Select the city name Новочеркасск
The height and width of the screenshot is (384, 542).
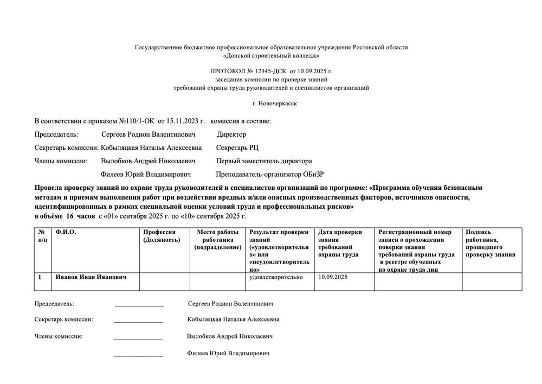coord(275,103)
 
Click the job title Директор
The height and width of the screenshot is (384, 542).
coord(231,135)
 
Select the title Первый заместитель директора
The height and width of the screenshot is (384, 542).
coord(263,161)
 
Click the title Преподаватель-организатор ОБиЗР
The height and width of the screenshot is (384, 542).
coord(269,175)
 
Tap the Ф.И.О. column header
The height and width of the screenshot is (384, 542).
coord(66,232)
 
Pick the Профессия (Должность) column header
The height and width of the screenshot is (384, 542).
coord(161,236)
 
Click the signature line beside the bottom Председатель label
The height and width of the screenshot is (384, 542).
coord(139,305)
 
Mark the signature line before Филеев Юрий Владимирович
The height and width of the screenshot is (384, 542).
coord(138,355)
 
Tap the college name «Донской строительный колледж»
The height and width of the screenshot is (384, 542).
coord(271,55)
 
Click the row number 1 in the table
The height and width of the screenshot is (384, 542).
coord(40,277)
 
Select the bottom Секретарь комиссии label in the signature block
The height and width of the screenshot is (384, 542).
coord(63,319)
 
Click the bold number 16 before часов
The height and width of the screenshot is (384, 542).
coord(69,216)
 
